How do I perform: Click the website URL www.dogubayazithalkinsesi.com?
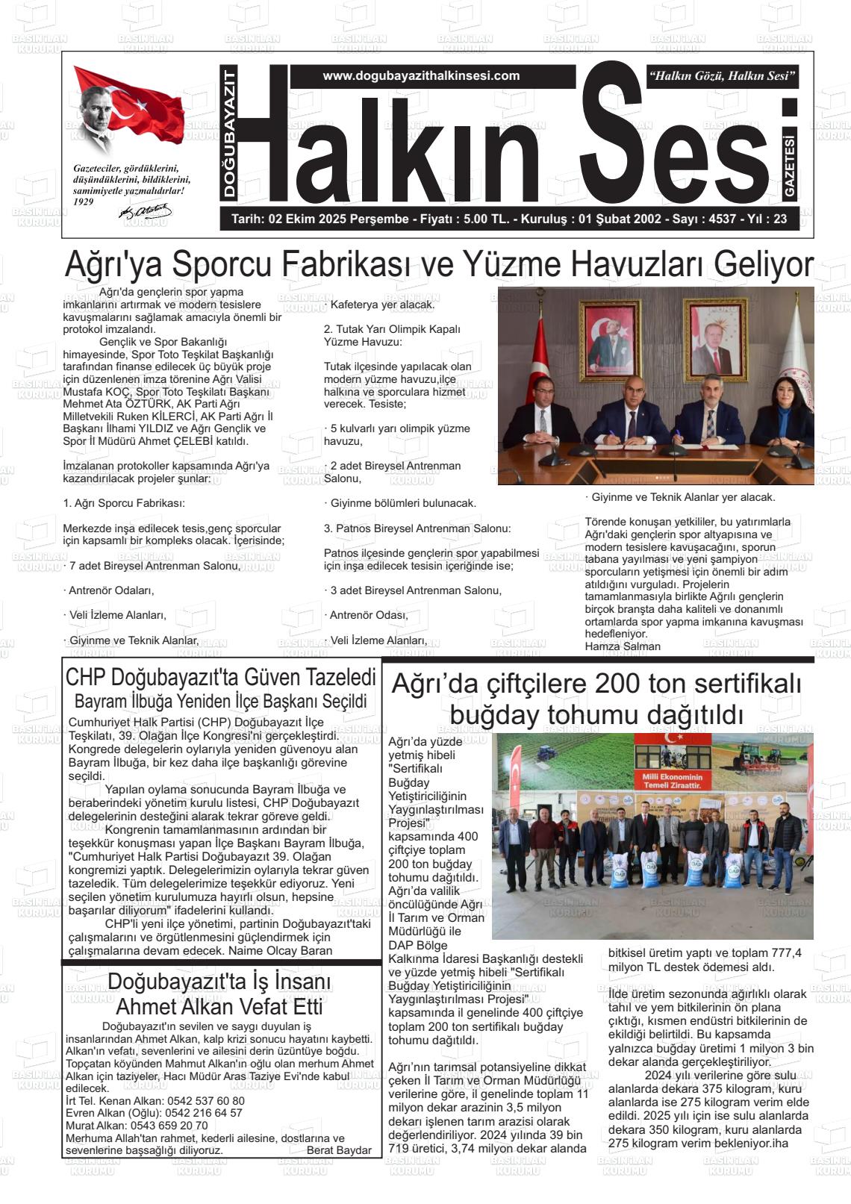tap(421, 76)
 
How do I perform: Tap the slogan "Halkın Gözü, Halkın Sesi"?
tap(723, 76)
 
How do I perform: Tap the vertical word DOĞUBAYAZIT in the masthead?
tap(229, 134)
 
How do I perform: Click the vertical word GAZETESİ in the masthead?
tap(790, 166)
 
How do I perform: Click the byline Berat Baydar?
tap(339, 1150)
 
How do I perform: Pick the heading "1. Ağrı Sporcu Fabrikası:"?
tap(124, 503)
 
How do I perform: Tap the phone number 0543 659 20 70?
tap(169, 1126)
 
